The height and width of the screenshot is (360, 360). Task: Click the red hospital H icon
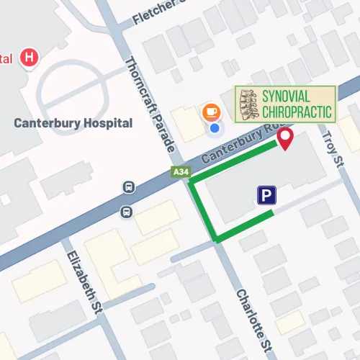[x=30, y=57]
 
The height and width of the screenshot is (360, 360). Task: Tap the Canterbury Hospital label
[x=73, y=123]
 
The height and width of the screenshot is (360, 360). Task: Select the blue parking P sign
[x=266, y=194]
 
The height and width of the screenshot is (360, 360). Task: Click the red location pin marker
[x=285, y=138]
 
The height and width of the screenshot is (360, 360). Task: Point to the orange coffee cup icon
[x=211, y=112]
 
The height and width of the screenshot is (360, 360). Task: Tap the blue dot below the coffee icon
[x=214, y=128]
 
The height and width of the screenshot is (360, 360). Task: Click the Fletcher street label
[x=161, y=13]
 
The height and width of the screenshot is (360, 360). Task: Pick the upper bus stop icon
[x=129, y=187]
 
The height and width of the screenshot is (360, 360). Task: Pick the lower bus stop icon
[x=126, y=212]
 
